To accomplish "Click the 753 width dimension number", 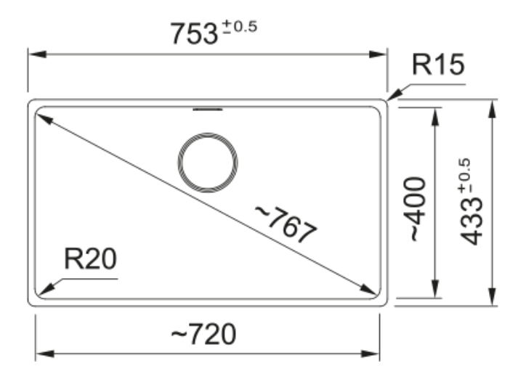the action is tap(194, 33).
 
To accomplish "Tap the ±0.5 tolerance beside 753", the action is tap(240, 26).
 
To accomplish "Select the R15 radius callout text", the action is tap(438, 64).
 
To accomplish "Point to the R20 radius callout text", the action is tap(91, 258).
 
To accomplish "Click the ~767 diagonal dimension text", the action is tap(286, 224).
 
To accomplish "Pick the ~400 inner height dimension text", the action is tap(417, 209).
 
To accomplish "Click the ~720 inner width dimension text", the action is tap(203, 334).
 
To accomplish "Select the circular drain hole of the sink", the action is tap(208, 163).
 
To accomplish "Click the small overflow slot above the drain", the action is tap(208, 109).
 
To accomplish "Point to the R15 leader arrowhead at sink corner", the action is tap(394, 95).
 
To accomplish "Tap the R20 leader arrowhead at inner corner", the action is tap(46, 290).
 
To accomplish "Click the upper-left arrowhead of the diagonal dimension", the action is tap(44, 119).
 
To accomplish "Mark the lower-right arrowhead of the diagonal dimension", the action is tap(368, 289).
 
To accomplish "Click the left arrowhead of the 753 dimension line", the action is tap(37, 54).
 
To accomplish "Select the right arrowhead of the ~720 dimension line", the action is tap(371, 354).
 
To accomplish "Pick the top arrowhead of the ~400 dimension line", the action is tap(435, 117).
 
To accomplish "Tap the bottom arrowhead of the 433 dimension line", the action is tap(493, 296).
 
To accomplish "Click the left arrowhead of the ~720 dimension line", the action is tap(44, 354).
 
